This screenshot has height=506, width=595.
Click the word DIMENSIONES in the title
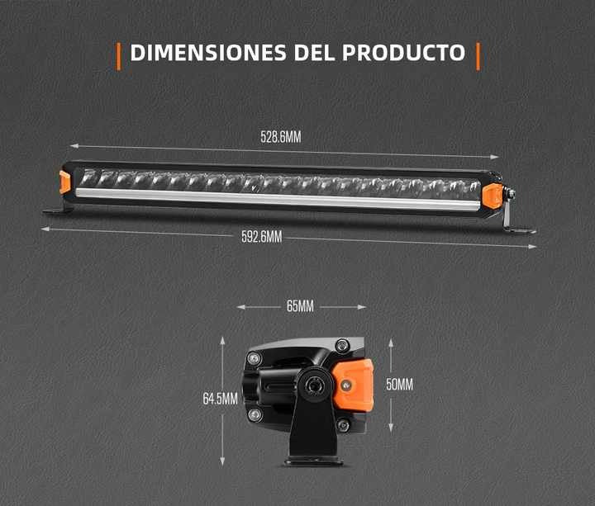(208, 53)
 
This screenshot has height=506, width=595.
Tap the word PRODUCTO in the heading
(403, 53)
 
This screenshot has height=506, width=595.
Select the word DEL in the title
(314, 53)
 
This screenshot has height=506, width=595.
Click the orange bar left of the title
(119, 56)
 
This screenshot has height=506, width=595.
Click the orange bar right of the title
(478, 56)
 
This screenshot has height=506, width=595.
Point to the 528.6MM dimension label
(280, 137)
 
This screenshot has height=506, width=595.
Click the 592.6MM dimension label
(261, 237)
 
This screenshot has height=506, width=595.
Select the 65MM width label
(300, 306)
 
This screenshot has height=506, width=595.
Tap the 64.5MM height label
(220, 399)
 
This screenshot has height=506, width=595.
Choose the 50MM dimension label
(399, 385)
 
